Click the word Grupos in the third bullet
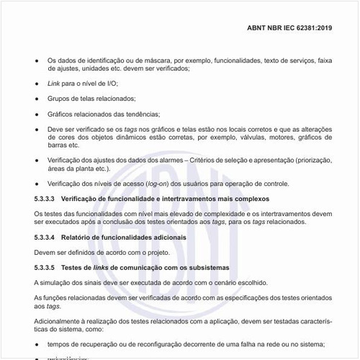click(58, 99)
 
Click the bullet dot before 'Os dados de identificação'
click(37, 60)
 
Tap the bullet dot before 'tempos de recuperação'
click(37, 345)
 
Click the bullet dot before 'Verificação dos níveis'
click(37, 184)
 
